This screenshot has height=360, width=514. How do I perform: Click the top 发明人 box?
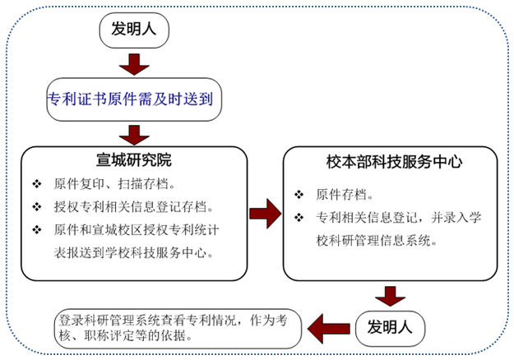(134, 30)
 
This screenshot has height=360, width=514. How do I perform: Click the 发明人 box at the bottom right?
(390, 329)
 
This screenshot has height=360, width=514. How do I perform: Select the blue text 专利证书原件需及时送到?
(131, 99)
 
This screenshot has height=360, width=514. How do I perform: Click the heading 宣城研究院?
(134, 160)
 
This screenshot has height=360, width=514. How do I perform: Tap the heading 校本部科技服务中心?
(395, 162)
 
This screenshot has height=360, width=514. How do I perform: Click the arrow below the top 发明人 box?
(134, 65)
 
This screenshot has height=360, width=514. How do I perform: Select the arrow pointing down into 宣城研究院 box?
(134, 136)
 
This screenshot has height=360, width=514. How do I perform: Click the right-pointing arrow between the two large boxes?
(266, 214)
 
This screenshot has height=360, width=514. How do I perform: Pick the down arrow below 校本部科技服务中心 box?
(390, 297)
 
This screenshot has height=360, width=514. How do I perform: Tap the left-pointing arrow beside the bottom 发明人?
(329, 329)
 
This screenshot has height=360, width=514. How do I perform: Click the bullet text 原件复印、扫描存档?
(114, 184)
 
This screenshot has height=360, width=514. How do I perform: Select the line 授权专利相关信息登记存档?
(133, 207)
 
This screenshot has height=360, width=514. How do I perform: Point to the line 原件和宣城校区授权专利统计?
(137, 230)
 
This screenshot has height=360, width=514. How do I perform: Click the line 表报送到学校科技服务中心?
(133, 252)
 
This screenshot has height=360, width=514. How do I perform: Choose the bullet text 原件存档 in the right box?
(344, 195)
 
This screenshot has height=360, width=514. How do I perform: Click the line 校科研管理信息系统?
(377, 241)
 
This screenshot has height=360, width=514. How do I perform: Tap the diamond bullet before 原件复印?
(37, 184)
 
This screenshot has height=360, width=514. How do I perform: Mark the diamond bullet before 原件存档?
(299, 195)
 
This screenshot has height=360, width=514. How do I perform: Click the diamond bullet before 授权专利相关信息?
(37, 207)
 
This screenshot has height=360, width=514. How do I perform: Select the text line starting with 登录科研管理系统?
(173, 321)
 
